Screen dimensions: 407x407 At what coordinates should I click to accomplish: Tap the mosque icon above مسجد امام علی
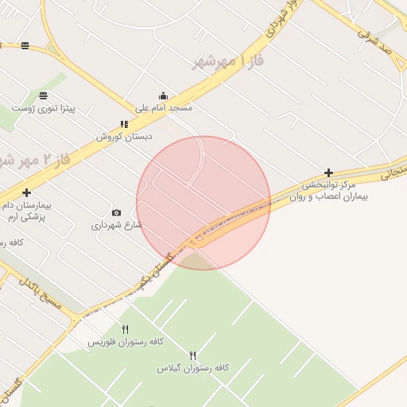click(x=164, y=95)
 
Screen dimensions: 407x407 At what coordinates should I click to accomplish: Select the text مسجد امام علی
click(x=164, y=107)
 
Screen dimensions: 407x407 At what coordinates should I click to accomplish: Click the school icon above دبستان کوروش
click(x=124, y=124)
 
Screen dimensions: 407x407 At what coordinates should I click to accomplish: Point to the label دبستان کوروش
click(x=124, y=136)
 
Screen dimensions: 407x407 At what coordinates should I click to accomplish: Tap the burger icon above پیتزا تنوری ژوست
click(x=42, y=95)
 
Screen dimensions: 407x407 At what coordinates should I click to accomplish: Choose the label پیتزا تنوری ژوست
click(x=43, y=107)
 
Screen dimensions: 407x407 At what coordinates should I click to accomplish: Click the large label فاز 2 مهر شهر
click(x=36, y=160)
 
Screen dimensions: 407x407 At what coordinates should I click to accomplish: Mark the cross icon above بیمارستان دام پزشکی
click(x=27, y=192)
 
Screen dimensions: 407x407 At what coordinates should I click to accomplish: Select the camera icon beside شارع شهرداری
click(x=117, y=212)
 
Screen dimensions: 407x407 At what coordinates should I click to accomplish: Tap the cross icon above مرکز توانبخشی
click(x=328, y=172)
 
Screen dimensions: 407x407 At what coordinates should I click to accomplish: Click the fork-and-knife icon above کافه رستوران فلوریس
click(x=125, y=329)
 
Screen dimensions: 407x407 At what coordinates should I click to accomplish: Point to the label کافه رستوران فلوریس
click(x=125, y=341)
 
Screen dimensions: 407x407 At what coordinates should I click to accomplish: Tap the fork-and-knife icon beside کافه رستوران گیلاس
click(x=192, y=355)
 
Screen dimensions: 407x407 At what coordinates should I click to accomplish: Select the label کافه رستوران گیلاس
click(x=192, y=367)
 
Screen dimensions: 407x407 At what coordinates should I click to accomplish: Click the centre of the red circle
click(x=203, y=203)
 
